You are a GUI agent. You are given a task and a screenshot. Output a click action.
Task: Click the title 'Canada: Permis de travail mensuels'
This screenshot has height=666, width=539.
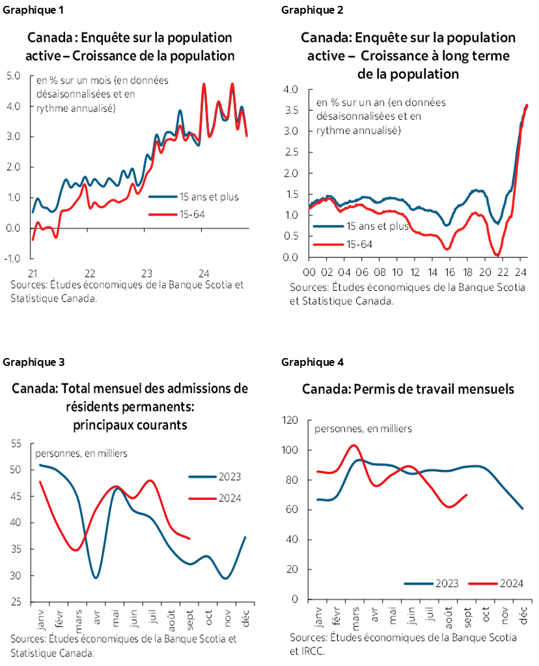tap(408, 389)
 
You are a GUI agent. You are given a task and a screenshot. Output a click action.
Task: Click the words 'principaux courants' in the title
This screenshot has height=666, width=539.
tap(130, 425)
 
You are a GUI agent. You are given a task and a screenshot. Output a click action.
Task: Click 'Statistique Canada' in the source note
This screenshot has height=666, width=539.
tap(52, 653)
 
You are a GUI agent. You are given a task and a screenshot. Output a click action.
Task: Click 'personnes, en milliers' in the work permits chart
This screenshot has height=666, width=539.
tap(363, 428)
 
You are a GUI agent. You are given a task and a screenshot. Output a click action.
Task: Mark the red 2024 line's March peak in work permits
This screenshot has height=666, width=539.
tap(353, 445)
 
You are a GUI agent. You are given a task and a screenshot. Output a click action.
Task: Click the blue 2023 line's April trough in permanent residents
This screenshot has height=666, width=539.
tap(96, 577)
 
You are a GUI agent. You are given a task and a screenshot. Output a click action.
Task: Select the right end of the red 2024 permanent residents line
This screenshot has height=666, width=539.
tap(189, 538)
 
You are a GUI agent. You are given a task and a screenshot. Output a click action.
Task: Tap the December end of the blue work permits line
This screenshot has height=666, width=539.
tap(523, 508)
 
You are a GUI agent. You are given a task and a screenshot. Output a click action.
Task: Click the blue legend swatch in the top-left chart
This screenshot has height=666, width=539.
tap(163, 195)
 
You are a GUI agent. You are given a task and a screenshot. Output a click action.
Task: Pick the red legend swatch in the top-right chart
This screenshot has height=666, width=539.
tap(329, 244)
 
